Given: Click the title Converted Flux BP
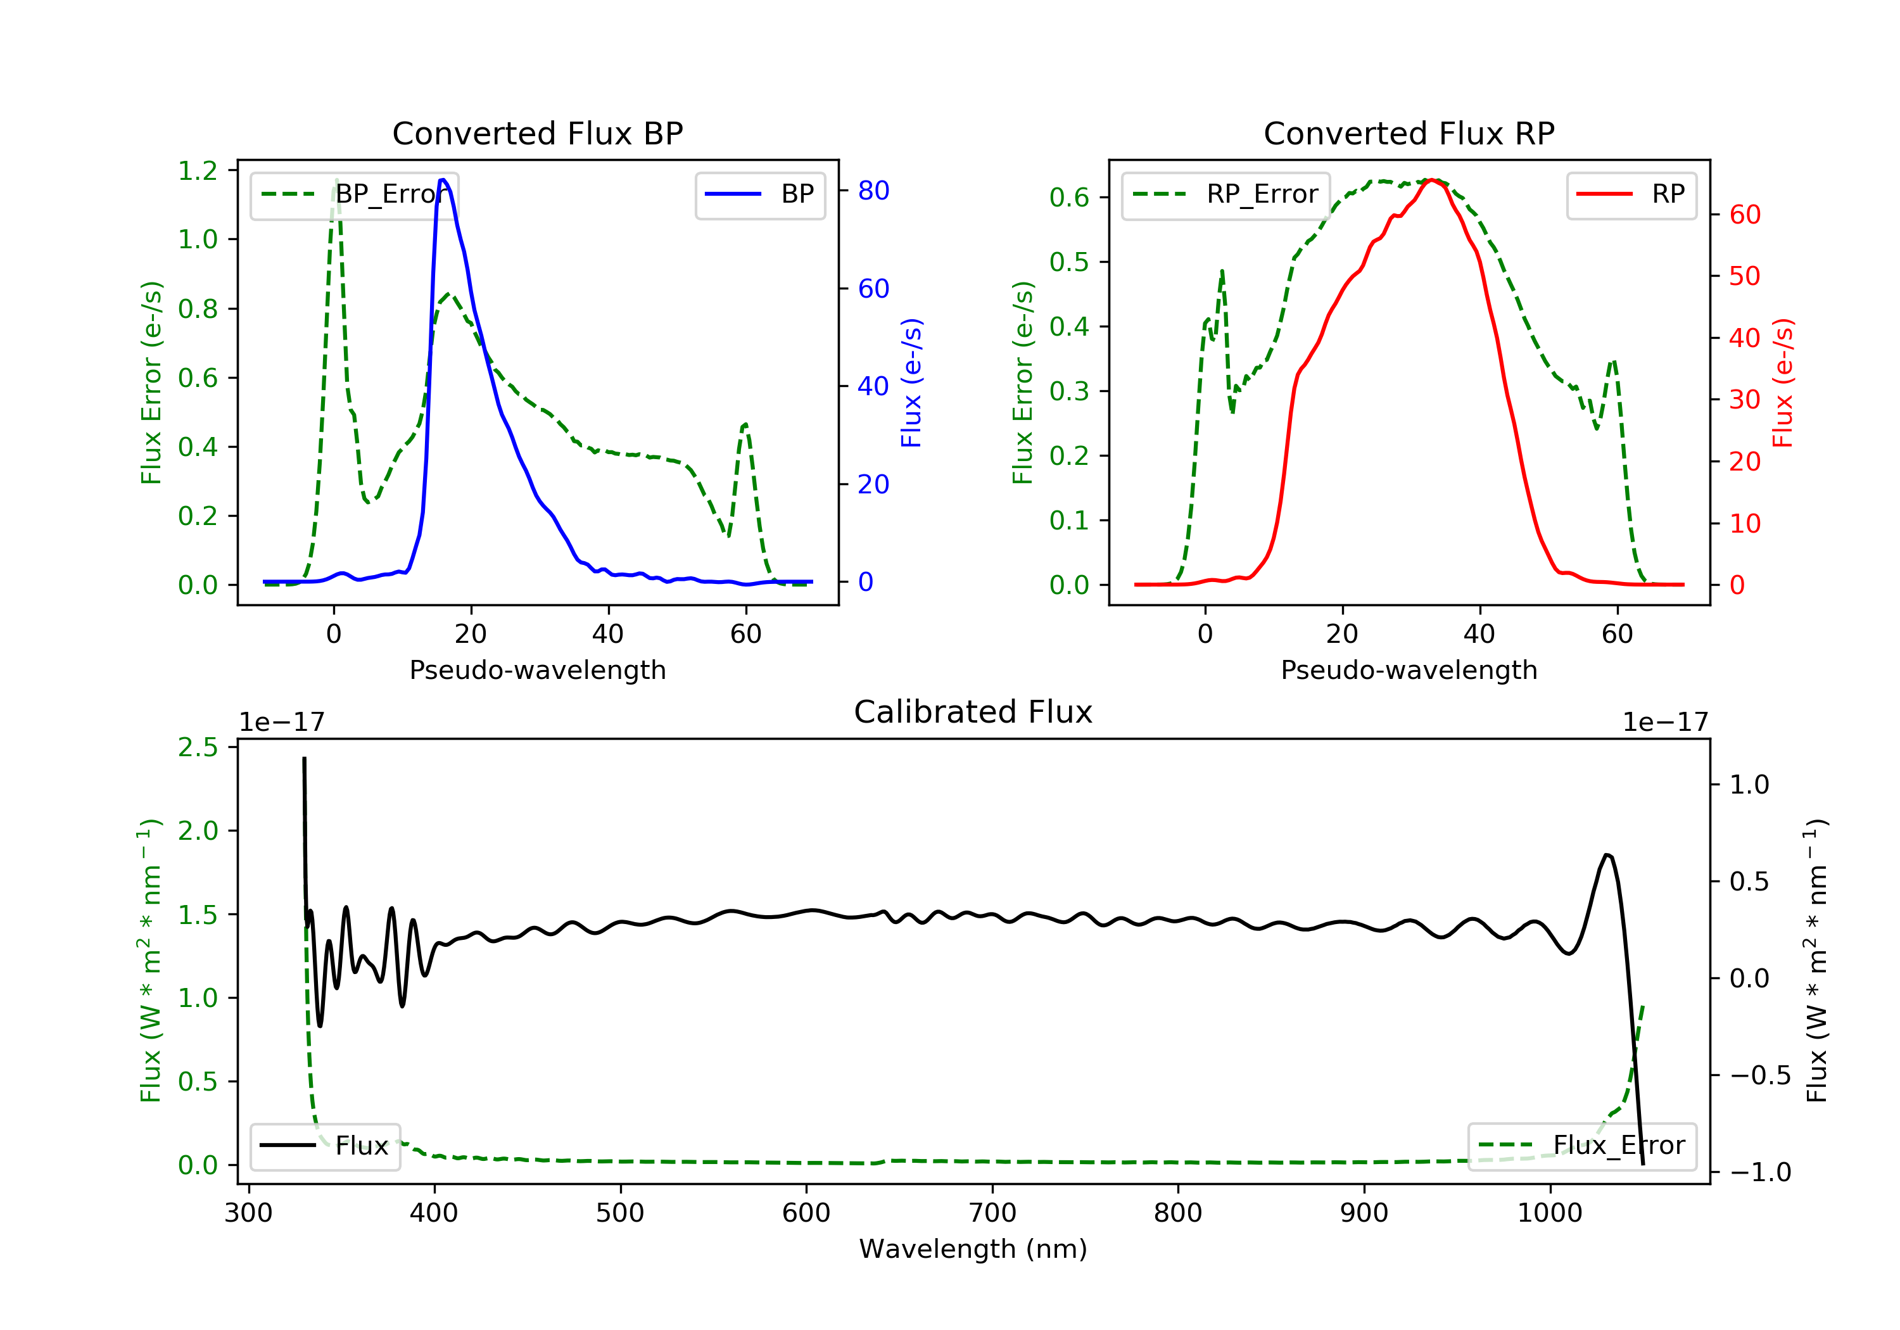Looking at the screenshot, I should [537, 133].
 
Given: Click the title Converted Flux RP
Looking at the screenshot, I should [1409, 133].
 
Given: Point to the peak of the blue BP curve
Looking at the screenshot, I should [443, 180].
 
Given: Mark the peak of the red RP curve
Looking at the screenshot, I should [1433, 180].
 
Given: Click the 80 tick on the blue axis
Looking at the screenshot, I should [873, 191].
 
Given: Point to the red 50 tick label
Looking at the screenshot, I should [1744, 275].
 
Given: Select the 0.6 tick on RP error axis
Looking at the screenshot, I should [1069, 197].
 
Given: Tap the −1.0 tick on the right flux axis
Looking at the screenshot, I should [1759, 1172].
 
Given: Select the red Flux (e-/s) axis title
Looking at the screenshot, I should [1782, 383].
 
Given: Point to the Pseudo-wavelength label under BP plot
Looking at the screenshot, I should [537, 669].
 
